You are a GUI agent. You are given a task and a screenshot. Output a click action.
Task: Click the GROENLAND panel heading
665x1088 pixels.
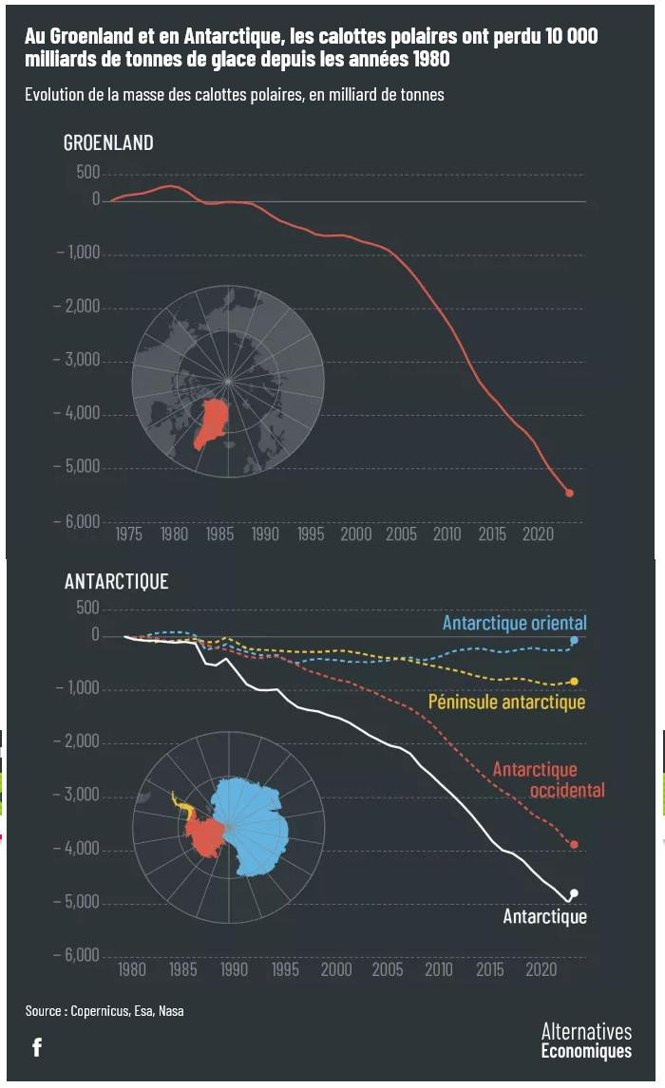click(108, 143)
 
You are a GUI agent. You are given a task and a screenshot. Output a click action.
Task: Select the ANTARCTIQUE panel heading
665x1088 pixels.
click(116, 582)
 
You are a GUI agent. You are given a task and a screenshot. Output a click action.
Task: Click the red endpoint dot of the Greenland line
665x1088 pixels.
click(569, 493)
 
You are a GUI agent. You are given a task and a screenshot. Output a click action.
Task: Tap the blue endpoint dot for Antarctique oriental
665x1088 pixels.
click(574, 641)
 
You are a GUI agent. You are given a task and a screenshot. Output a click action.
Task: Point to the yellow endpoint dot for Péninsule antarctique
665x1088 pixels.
click(574, 682)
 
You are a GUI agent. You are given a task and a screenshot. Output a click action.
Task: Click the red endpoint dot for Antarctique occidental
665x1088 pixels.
click(574, 845)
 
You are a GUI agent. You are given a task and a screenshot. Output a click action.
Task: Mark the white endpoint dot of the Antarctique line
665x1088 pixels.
click(574, 893)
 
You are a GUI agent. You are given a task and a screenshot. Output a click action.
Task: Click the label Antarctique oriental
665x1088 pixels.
click(514, 624)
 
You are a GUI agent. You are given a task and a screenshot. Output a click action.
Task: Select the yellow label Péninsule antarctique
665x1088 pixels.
click(506, 703)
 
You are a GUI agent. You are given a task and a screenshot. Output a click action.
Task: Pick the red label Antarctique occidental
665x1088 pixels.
click(548, 779)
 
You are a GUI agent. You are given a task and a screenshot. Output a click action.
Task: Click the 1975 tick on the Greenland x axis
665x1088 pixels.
click(128, 535)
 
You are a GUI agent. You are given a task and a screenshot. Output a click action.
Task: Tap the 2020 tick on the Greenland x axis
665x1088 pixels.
click(537, 535)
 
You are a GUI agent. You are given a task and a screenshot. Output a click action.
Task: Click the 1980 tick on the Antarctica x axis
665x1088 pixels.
click(132, 969)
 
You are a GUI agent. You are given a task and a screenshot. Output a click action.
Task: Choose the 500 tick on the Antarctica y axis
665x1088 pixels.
click(86, 608)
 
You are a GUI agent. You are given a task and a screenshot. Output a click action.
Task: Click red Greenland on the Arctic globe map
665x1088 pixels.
click(214, 422)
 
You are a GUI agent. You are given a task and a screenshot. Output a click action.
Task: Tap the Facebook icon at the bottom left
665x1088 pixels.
click(37, 1047)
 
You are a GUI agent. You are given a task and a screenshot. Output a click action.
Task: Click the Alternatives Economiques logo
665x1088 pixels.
click(585, 1041)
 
